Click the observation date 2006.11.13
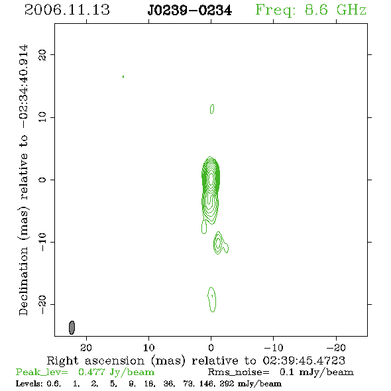[67, 10]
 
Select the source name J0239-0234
[190, 11]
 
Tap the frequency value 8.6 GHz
[335, 10]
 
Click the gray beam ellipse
[72, 327]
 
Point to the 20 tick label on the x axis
[86, 348]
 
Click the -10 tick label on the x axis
[273, 348]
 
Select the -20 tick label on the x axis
[336, 348]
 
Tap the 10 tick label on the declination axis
[42, 117]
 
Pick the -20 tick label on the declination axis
[42, 305]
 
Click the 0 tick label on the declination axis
[42, 180]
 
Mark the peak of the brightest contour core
[211, 178]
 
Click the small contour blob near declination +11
[212, 109]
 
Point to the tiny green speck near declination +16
[123, 77]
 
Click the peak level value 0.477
[91, 372]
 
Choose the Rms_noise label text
[239, 372]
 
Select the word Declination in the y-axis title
[23, 281]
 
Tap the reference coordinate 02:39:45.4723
[304, 361]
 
